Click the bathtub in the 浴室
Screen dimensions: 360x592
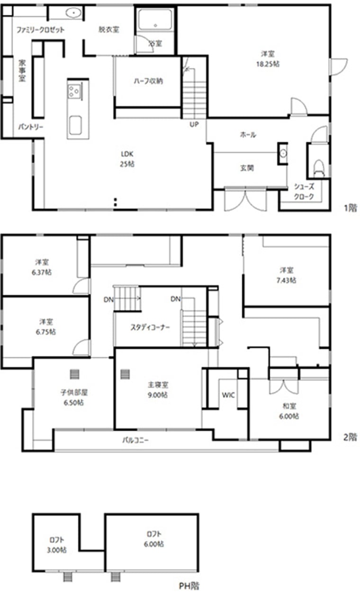(x=155, y=20)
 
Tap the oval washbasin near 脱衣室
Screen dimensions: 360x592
(x=73, y=12)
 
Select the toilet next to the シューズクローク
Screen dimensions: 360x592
(x=319, y=168)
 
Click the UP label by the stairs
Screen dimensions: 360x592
(x=194, y=124)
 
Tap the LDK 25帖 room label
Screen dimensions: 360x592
(x=127, y=159)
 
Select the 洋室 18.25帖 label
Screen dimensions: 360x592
(x=268, y=59)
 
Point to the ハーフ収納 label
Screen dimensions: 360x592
(x=148, y=81)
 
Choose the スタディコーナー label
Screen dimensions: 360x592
(x=150, y=327)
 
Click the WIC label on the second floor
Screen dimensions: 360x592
(x=228, y=395)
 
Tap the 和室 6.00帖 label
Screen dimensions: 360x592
(x=289, y=411)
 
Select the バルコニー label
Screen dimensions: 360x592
(x=135, y=440)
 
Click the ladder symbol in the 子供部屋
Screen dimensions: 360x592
(x=75, y=374)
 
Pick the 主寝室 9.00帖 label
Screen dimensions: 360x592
(x=158, y=390)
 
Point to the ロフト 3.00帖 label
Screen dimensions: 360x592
(x=56, y=545)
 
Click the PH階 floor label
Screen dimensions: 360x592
(x=189, y=586)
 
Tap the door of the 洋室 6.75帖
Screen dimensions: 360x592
(x=81, y=348)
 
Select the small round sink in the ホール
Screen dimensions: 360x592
(x=283, y=153)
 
